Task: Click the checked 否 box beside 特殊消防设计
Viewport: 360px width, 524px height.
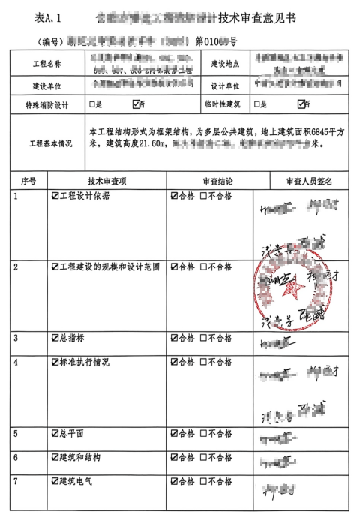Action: coord(136,104)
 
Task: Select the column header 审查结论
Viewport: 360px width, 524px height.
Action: coord(217,181)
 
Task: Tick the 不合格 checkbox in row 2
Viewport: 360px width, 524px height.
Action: coord(204,267)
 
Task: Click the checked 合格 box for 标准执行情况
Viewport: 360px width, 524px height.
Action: coord(174,362)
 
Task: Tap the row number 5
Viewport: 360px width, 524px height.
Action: coord(16,434)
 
